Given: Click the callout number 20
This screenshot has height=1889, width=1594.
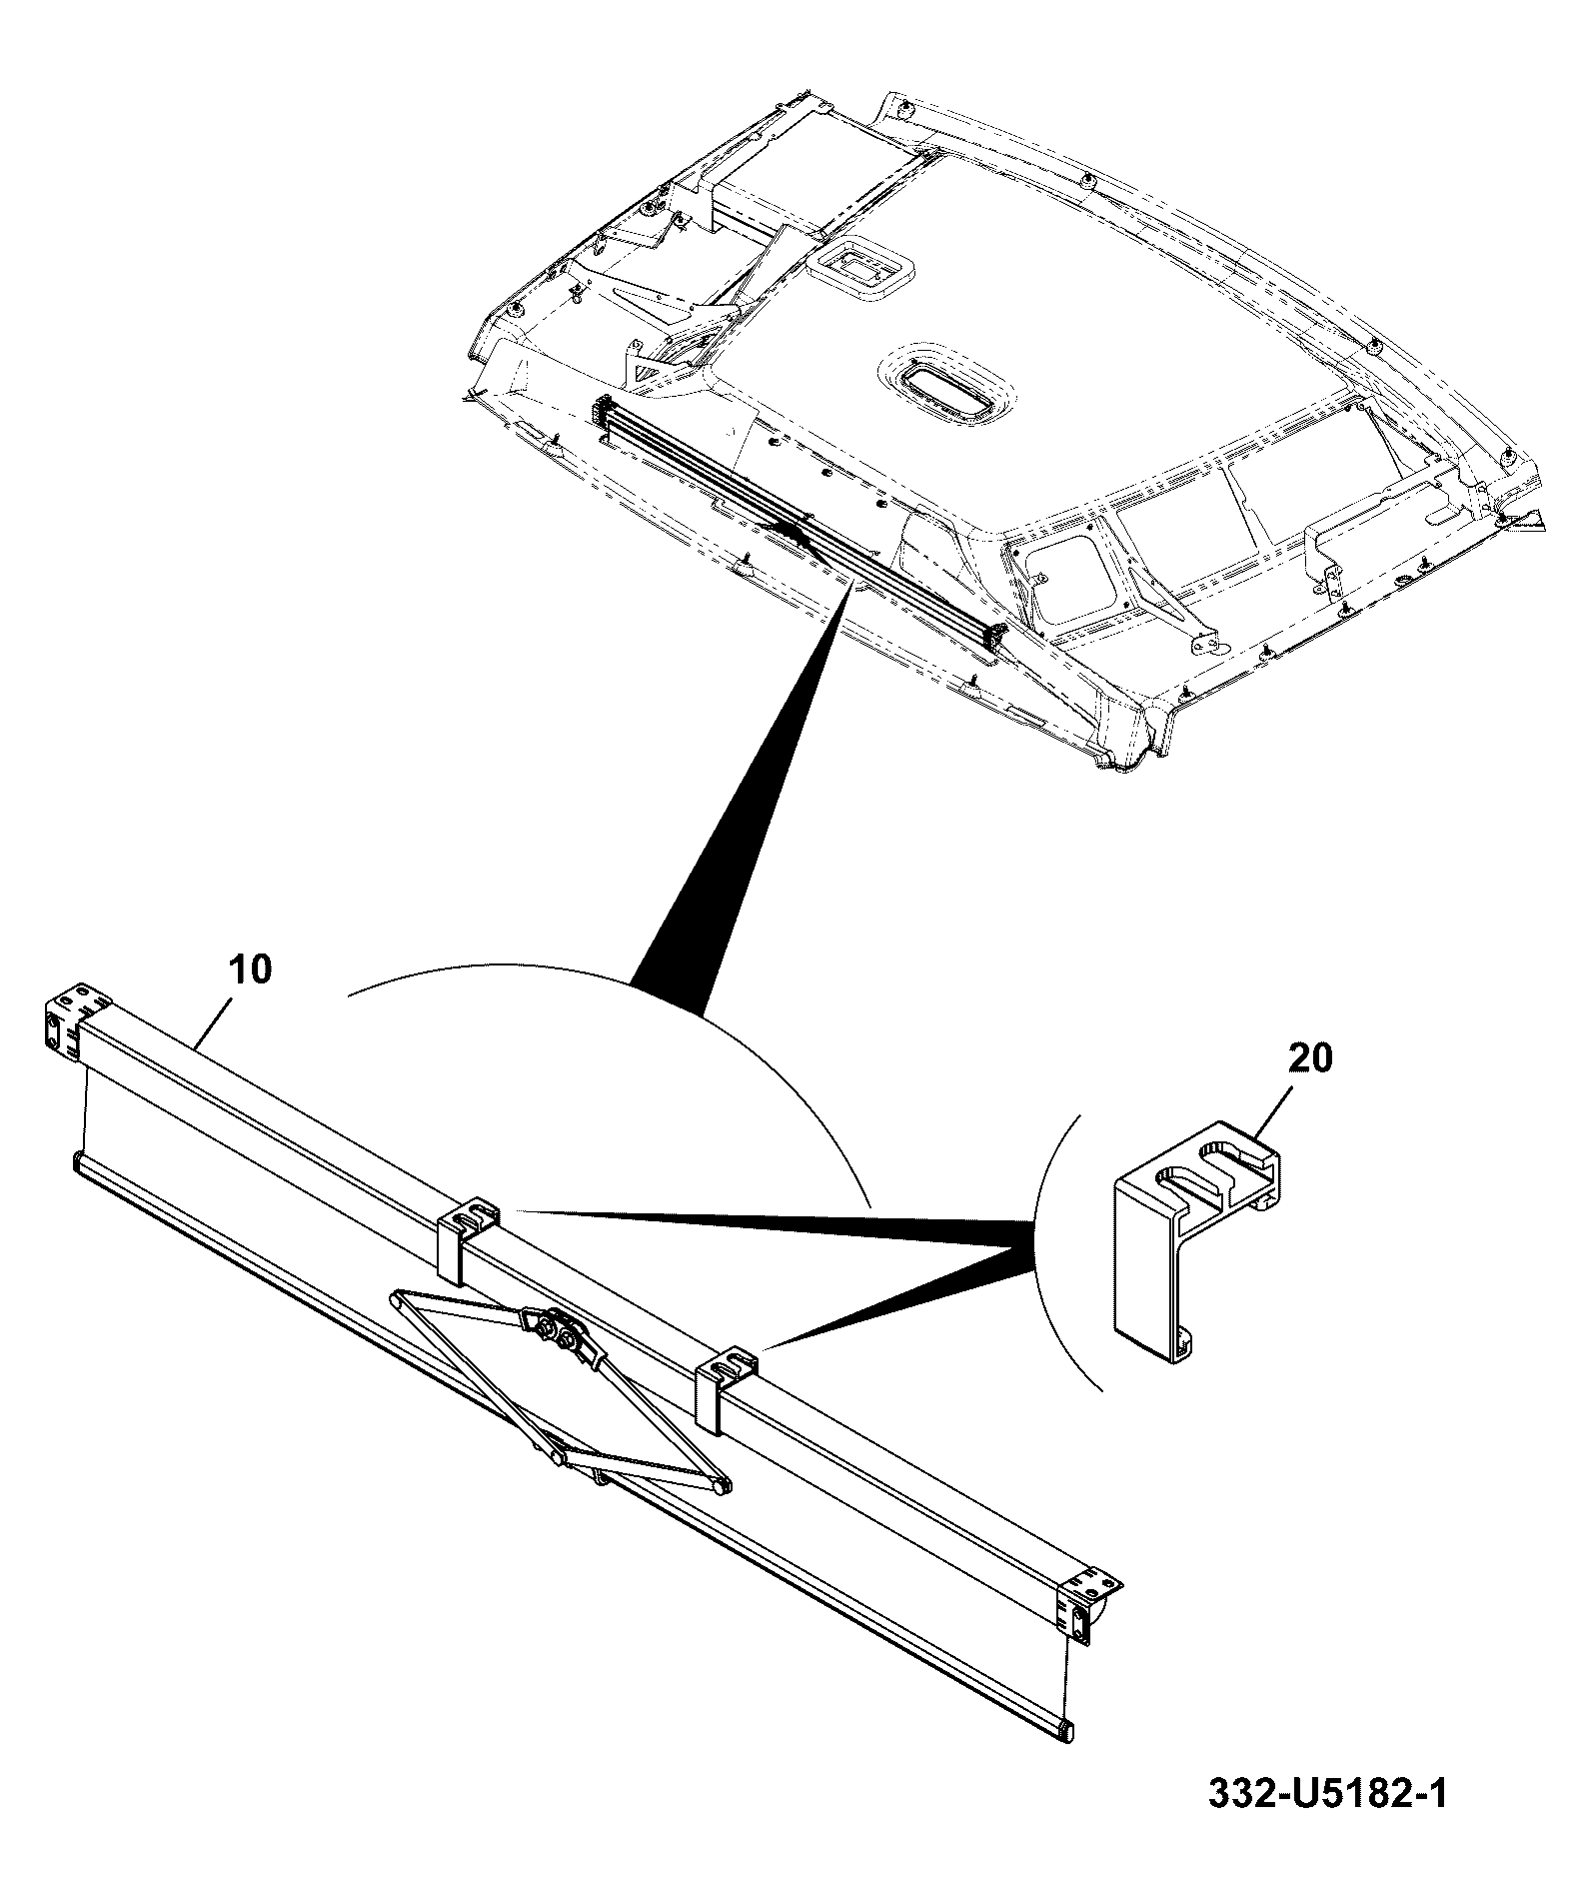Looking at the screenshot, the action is coord(1310,1057).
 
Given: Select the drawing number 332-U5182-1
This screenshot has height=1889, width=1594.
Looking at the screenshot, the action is coord(1327,1793).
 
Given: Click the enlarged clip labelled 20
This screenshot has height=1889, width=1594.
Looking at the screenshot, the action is coord(1195,1241).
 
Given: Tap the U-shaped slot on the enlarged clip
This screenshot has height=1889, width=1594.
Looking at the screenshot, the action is coord(1202,1167).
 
